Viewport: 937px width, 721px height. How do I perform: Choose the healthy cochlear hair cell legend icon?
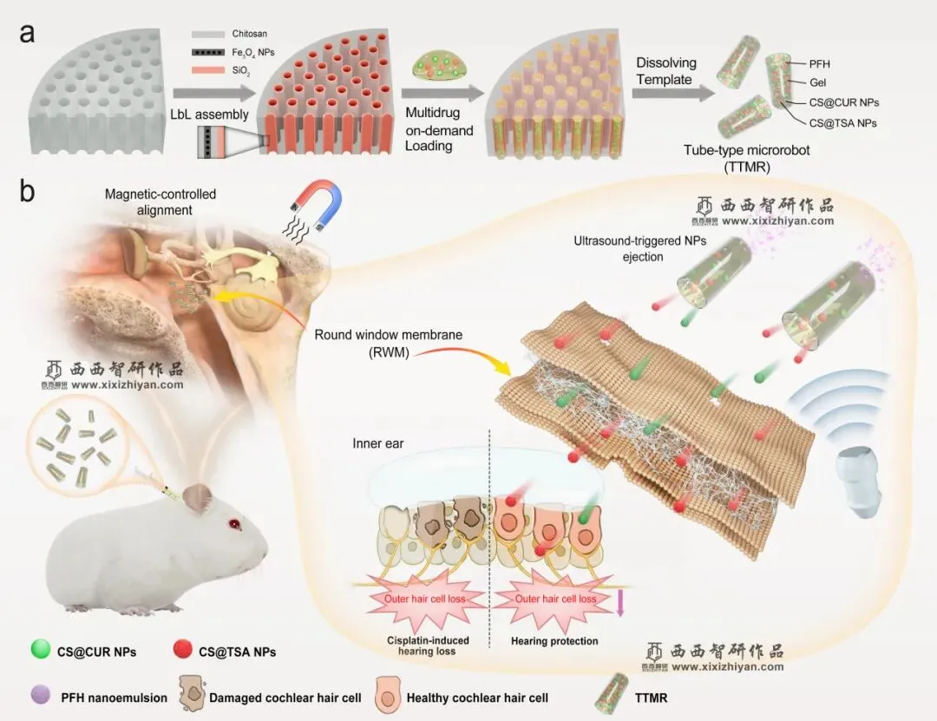coord(387,695)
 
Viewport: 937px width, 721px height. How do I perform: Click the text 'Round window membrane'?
coord(388,334)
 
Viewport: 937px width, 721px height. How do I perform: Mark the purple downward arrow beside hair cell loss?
coord(620,602)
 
